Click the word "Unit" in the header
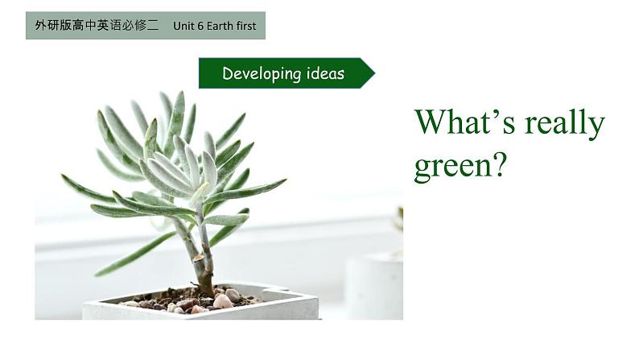tap(183, 26)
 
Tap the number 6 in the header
tap(200, 26)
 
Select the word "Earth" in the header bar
tap(220, 26)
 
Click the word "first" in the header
tap(246, 26)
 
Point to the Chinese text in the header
tap(97, 26)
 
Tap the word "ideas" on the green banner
tap(325, 74)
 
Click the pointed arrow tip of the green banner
tap(374, 73)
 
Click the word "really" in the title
tap(564, 124)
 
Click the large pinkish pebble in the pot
tap(223, 301)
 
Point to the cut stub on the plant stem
tap(200, 258)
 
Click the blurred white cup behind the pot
tap(373, 284)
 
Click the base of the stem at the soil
tap(205, 292)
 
